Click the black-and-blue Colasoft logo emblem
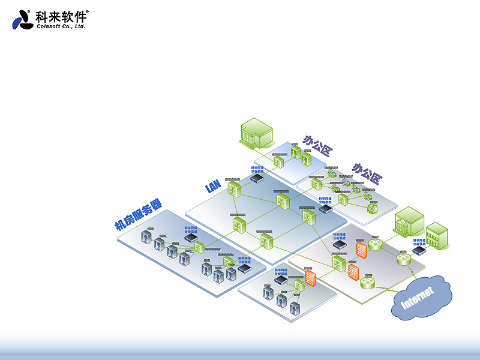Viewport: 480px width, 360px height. point(22,20)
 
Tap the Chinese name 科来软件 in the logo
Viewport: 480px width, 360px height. point(61,16)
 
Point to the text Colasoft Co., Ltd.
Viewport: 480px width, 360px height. point(62,26)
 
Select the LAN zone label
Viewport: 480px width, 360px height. point(213,187)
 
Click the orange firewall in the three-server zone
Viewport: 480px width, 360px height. point(310,278)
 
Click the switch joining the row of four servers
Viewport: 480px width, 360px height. point(199,247)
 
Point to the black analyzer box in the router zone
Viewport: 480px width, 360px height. point(340,245)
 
